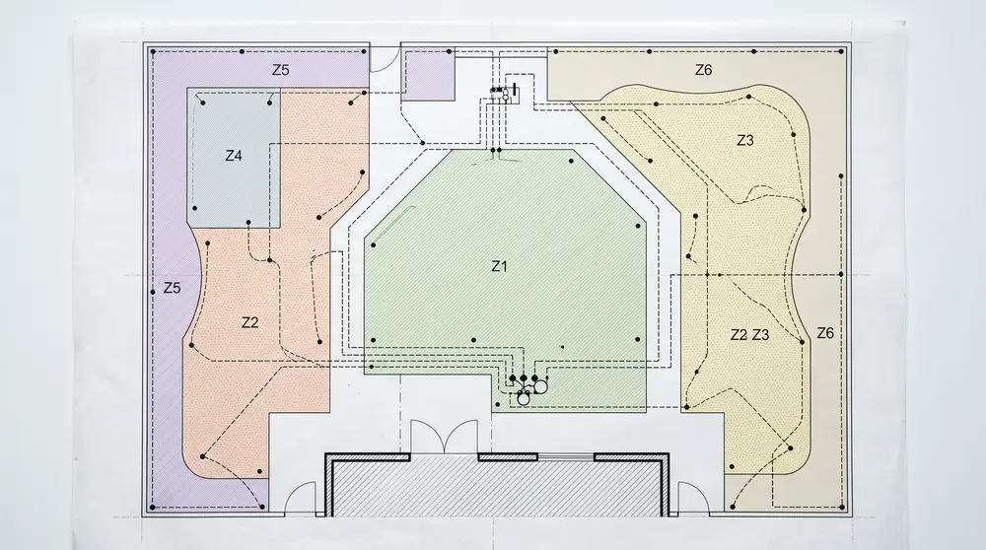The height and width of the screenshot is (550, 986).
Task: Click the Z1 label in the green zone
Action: pos(499,266)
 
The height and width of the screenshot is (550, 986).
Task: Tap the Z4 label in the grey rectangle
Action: pos(234,156)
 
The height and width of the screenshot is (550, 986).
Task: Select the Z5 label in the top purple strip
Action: pos(280,70)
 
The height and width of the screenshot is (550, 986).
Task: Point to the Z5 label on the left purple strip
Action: pos(172,288)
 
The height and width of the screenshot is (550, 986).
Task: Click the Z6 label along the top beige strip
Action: pos(703,70)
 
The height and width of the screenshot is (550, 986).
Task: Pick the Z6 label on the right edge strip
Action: pos(825,333)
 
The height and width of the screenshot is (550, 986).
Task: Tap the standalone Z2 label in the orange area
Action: pos(249,322)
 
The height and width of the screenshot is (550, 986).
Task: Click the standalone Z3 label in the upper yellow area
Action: pos(744,140)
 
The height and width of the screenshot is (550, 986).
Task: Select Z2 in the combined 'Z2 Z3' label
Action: pos(739,335)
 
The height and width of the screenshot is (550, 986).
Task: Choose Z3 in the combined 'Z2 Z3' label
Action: pos(760,335)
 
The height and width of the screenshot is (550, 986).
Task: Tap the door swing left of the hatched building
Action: pos(301,500)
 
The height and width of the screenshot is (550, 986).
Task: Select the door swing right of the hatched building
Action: pos(693,500)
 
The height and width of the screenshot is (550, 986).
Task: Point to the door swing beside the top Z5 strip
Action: pos(384,59)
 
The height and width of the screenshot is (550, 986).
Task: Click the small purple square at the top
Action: pos(428,76)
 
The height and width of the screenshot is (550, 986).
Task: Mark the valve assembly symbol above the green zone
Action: pos(504,94)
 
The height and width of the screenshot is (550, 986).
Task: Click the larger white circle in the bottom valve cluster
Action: pos(540,387)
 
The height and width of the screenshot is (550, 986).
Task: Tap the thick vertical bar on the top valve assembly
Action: pos(515,93)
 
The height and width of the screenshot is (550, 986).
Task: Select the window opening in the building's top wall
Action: pos(566,456)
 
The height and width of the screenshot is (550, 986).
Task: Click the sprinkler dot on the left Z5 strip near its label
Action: pos(153,293)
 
